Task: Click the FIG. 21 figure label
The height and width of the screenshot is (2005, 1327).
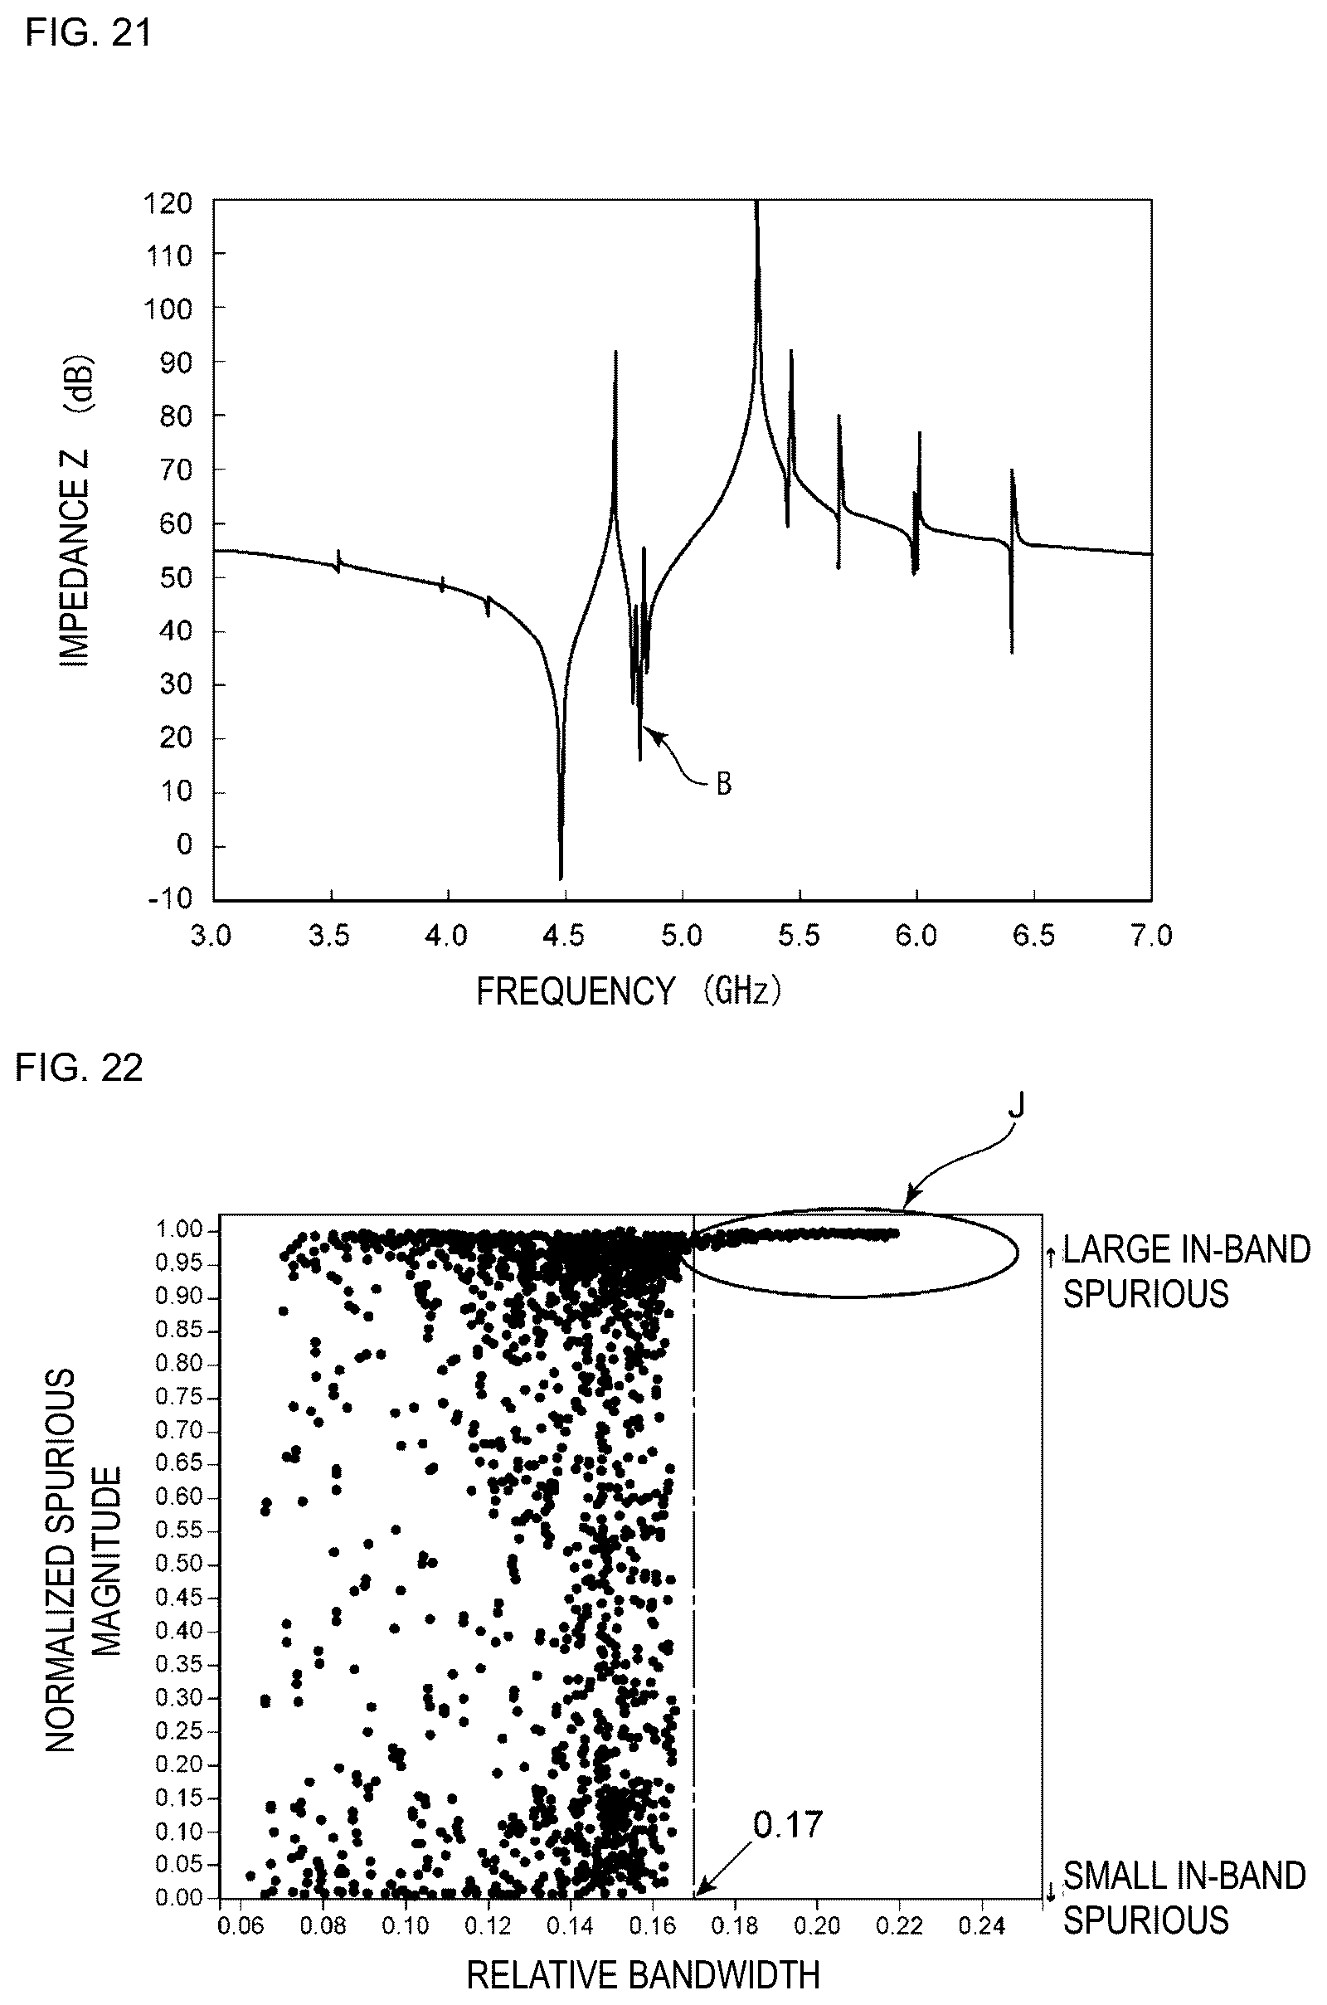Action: [89, 33]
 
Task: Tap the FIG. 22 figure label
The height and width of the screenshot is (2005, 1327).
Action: [79, 1068]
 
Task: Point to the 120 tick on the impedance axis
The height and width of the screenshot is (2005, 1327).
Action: [169, 204]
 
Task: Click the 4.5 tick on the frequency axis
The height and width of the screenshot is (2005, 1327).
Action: [564, 935]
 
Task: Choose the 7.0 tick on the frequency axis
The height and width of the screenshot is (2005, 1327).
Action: [1152, 935]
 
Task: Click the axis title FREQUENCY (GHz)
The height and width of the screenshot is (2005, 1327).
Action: [628, 990]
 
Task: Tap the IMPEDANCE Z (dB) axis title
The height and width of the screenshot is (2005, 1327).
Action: [75, 513]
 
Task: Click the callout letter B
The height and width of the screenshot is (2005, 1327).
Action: [723, 785]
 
